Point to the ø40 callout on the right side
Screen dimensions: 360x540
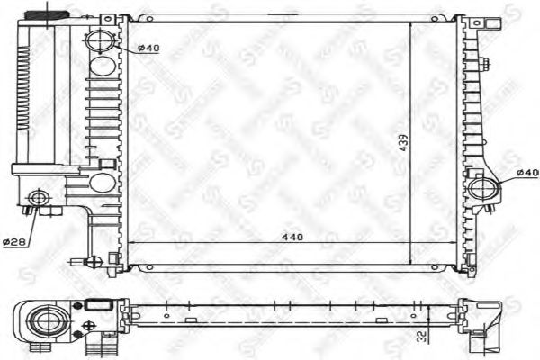click(526, 172)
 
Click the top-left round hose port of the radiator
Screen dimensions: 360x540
click(101, 40)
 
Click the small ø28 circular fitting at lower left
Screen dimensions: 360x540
click(39, 198)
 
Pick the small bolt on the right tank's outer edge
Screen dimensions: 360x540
click(484, 64)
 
